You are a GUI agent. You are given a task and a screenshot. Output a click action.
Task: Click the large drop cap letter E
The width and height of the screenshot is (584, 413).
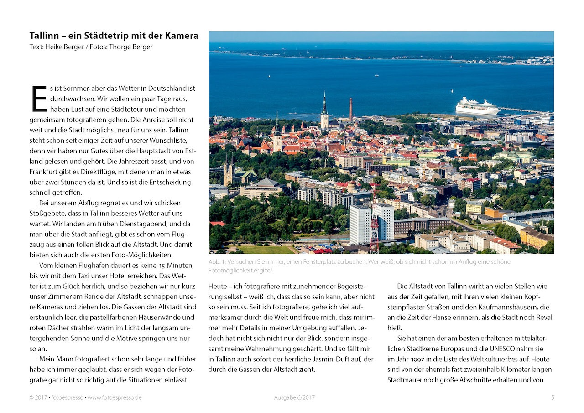point(39,99)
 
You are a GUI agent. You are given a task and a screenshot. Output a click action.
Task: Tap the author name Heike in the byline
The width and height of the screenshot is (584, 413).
point(55,47)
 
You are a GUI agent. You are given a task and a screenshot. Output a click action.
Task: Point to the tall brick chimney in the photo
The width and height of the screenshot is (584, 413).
point(351,110)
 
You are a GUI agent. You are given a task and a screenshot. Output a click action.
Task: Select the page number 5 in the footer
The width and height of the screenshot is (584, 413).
point(553,397)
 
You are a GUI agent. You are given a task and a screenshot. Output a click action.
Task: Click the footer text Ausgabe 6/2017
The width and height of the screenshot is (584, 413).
point(294,397)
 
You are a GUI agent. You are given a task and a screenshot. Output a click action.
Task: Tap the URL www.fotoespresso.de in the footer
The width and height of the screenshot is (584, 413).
point(115,397)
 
